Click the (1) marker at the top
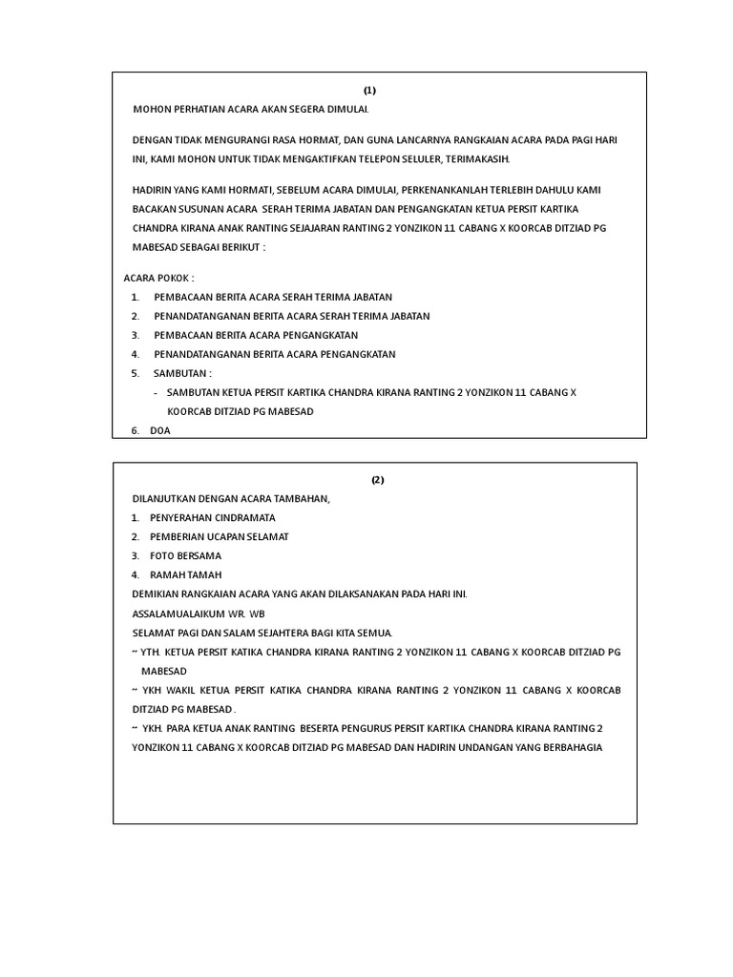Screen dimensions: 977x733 click(x=369, y=91)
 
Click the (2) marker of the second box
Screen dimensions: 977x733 click(x=378, y=480)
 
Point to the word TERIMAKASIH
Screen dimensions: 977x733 click(x=478, y=158)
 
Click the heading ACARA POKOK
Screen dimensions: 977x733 click(x=158, y=278)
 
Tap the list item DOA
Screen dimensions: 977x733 click(x=159, y=431)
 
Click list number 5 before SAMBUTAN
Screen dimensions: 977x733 click(x=136, y=373)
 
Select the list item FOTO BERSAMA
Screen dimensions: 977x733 click(x=185, y=555)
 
